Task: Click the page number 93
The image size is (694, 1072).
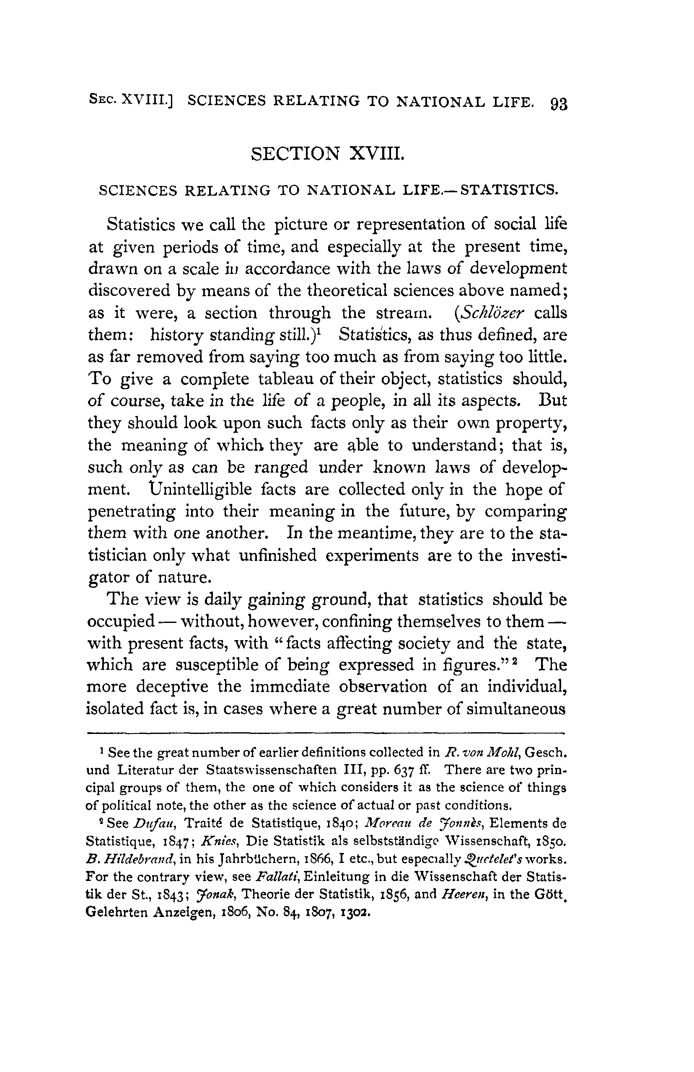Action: click(558, 104)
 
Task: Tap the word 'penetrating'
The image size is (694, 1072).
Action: click(131, 511)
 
